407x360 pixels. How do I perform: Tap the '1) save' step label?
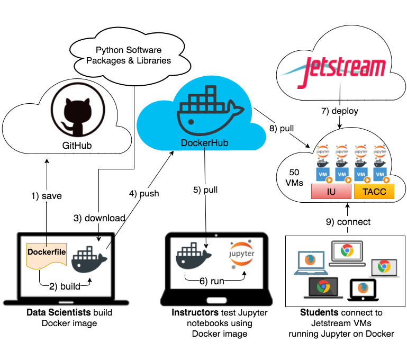47,196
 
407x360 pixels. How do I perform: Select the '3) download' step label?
99,218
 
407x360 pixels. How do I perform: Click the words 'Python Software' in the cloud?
129,50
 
